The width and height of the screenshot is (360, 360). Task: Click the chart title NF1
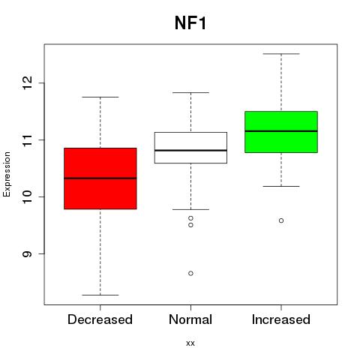(x=190, y=23)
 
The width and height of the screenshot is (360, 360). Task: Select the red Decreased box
(x=100, y=178)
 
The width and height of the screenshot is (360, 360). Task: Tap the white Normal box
(x=190, y=148)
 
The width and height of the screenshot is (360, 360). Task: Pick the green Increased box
(x=281, y=132)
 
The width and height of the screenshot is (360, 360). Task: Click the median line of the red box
(x=100, y=178)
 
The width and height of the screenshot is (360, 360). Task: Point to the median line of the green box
(x=281, y=131)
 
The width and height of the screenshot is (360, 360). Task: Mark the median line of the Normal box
(x=190, y=150)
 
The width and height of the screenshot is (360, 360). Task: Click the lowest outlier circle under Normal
(x=190, y=273)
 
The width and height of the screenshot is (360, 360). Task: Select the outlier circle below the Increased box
(x=281, y=220)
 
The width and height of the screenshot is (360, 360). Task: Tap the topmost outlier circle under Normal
(x=190, y=218)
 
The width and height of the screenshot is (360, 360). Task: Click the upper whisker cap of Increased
(x=281, y=54)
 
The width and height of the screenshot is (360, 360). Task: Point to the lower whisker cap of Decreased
(x=100, y=295)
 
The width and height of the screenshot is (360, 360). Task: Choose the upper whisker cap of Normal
(x=190, y=92)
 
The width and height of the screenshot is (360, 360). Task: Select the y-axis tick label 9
(x=27, y=253)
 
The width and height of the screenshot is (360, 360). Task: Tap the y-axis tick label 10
(x=27, y=196)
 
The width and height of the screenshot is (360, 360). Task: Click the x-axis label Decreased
(x=100, y=319)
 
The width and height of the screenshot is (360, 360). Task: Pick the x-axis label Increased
(x=281, y=319)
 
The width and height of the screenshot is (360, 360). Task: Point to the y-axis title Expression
(x=7, y=174)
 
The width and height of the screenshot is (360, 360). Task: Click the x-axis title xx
(x=190, y=343)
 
